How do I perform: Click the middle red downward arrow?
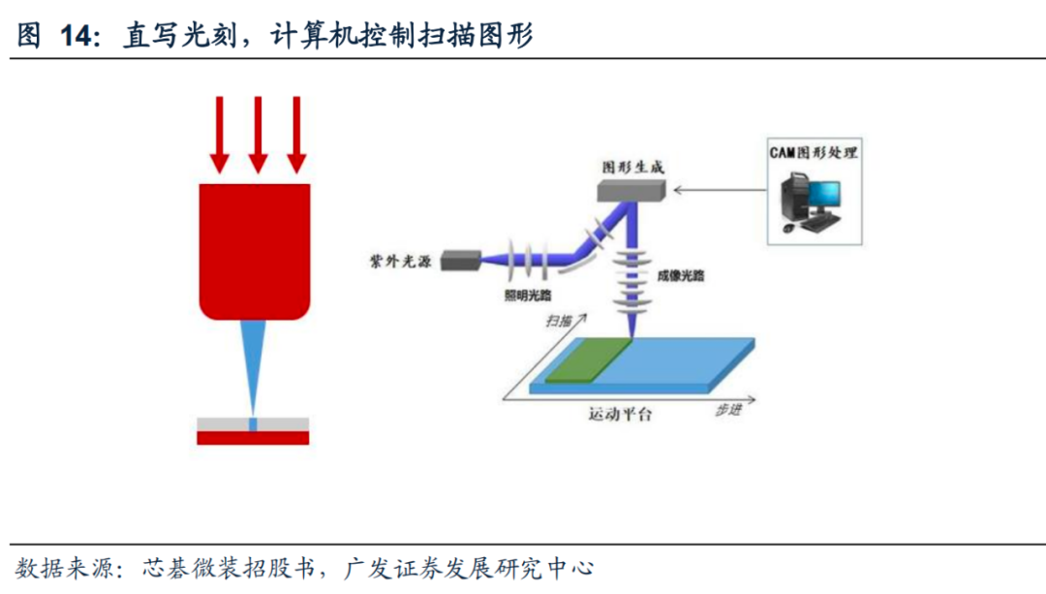(x=257, y=134)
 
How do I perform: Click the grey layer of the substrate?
(x=223, y=424)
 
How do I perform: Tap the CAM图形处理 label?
(x=814, y=152)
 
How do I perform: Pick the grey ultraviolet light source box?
(x=460, y=260)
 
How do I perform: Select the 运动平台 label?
(x=620, y=415)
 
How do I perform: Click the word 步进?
(x=728, y=410)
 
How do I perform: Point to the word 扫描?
(x=559, y=320)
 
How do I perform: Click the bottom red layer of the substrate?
(x=253, y=438)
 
